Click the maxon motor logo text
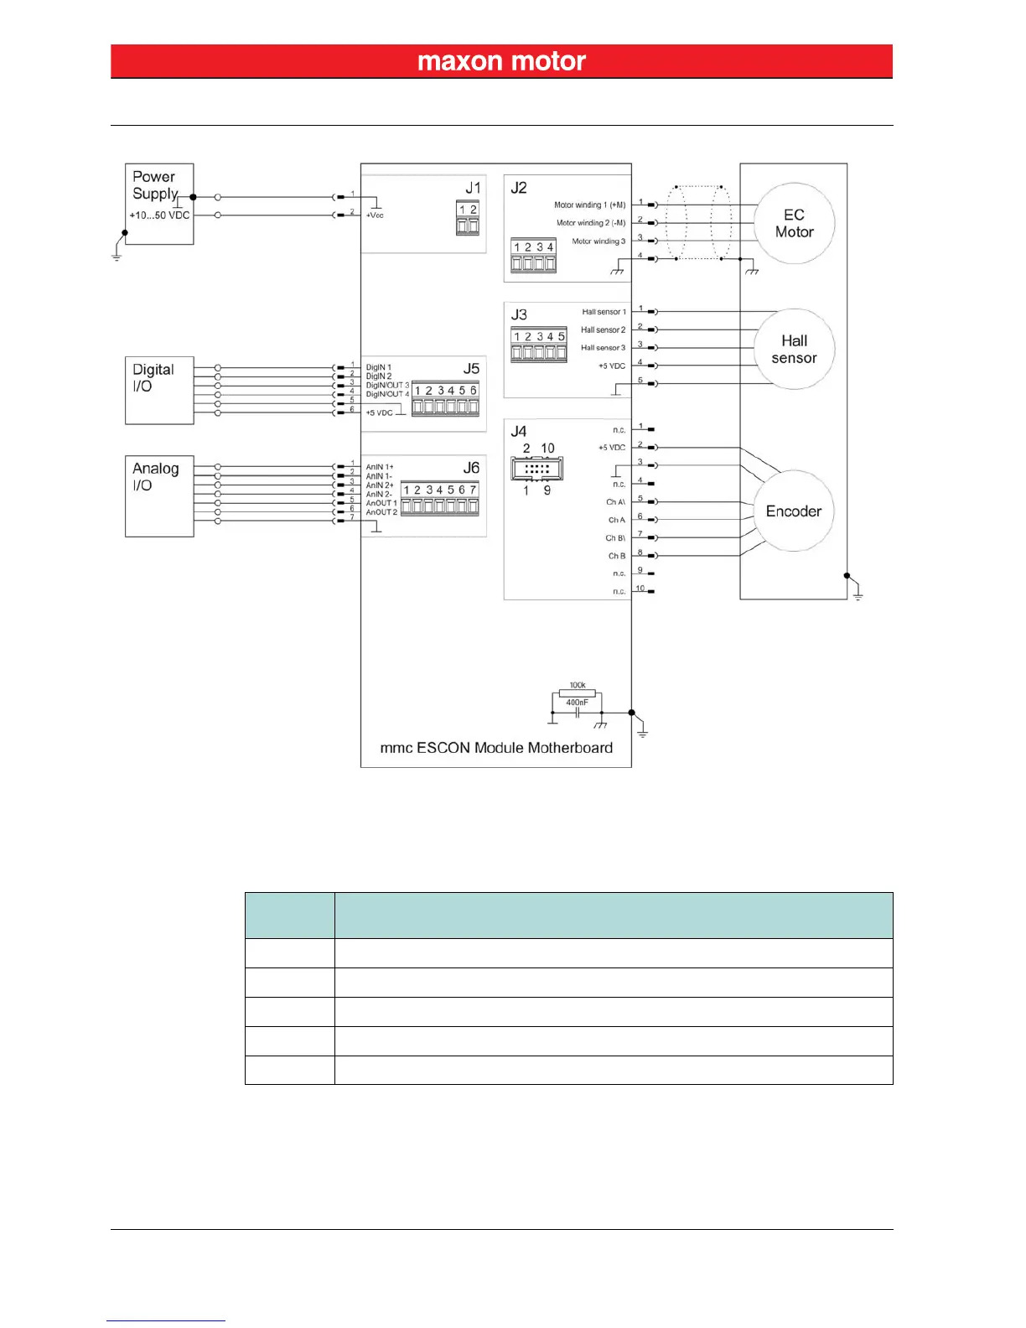501,61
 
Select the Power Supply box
159,204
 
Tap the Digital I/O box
159,390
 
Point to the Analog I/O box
159,495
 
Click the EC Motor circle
794,224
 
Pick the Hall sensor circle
794,350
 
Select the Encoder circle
793,511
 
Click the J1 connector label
474,188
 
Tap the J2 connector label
519,188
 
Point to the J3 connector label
519,314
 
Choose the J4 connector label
519,431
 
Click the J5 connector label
471,369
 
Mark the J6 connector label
471,468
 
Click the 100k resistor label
578,685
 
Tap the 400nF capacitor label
577,703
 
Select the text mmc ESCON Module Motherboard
496,748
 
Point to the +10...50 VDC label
159,215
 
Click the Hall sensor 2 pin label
603,330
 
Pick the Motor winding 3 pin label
598,241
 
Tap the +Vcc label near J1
375,215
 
